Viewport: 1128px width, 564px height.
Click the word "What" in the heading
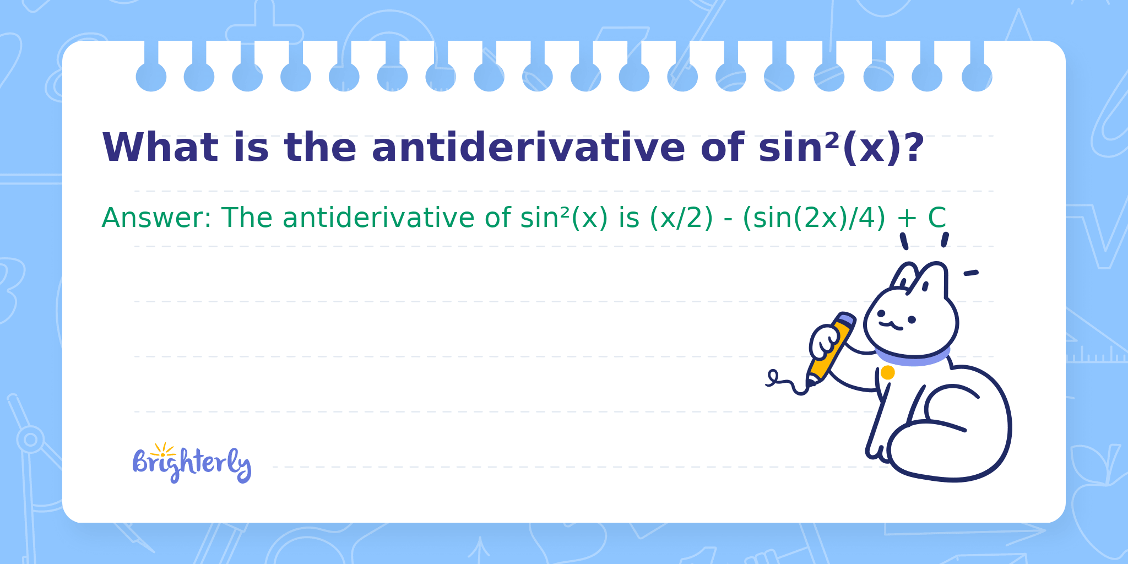click(160, 148)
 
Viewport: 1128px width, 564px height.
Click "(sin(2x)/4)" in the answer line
click(814, 218)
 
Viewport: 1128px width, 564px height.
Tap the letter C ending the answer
click(937, 218)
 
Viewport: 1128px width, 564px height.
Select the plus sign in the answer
click(907, 219)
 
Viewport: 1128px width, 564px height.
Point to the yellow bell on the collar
click(887, 373)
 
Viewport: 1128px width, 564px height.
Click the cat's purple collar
click(913, 358)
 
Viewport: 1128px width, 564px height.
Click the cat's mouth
click(891, 326)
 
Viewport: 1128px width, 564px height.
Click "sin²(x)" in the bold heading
click(830, 148)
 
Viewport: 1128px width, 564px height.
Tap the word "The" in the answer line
click(247, 218)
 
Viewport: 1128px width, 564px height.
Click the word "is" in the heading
click(251, 148)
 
